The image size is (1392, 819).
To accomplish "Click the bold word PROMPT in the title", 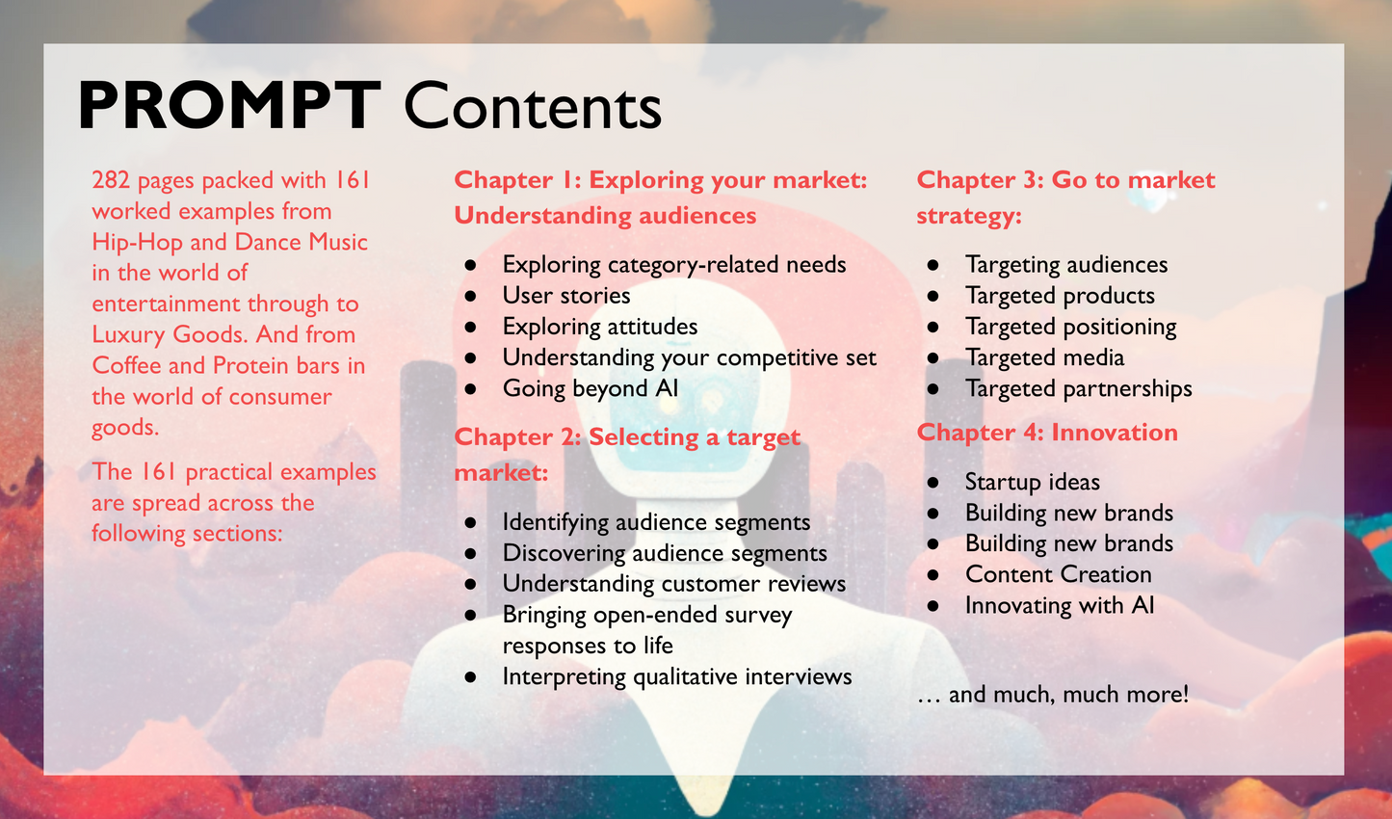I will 229,106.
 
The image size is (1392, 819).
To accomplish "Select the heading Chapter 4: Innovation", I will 1047,433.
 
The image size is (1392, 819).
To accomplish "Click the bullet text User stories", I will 566,296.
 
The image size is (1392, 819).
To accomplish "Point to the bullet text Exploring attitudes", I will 599,327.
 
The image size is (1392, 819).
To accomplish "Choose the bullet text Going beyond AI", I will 590,388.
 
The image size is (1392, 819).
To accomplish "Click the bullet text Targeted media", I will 1044,357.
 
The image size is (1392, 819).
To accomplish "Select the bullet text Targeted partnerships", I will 1078,388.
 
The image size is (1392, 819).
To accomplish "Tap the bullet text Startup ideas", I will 1032,482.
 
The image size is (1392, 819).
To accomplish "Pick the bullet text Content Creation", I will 1058,574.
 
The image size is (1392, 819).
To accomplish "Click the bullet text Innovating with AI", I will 1059,605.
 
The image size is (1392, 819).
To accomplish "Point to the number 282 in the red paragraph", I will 111,180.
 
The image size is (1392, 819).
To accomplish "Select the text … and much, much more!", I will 1053,695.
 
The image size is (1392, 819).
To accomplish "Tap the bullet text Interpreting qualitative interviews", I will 676,676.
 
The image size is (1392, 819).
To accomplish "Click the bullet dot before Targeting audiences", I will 932,265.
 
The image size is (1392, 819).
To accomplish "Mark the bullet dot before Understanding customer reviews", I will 470,584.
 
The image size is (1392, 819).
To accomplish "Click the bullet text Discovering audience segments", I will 665,553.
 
